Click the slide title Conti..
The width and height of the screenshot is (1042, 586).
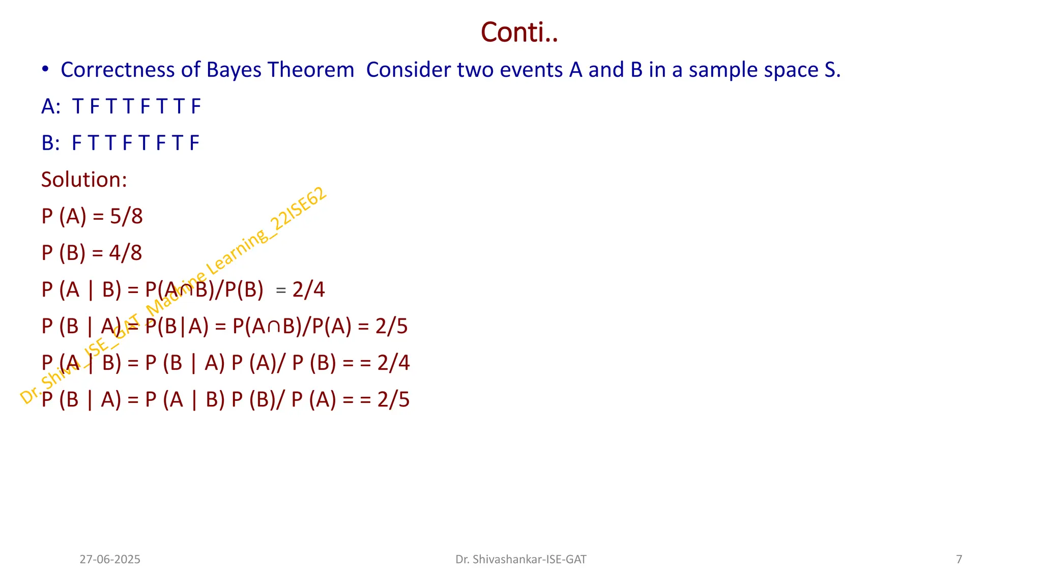tap(519, 33)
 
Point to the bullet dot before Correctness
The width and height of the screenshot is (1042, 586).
tap(45, 69)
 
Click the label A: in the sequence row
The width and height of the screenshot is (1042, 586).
tap(51, 106)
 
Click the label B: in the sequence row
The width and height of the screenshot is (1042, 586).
tap(51, 143)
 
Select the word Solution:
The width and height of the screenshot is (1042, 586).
tap(84, 180)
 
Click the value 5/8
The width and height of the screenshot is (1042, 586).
tap(126, 216)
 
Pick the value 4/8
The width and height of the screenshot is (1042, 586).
tap(126, 253)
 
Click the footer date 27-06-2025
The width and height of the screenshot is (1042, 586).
tap(110, 560)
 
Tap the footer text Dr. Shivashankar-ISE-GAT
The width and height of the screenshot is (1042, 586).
tap(520, 560)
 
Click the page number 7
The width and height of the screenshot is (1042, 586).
tap(959, 560)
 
